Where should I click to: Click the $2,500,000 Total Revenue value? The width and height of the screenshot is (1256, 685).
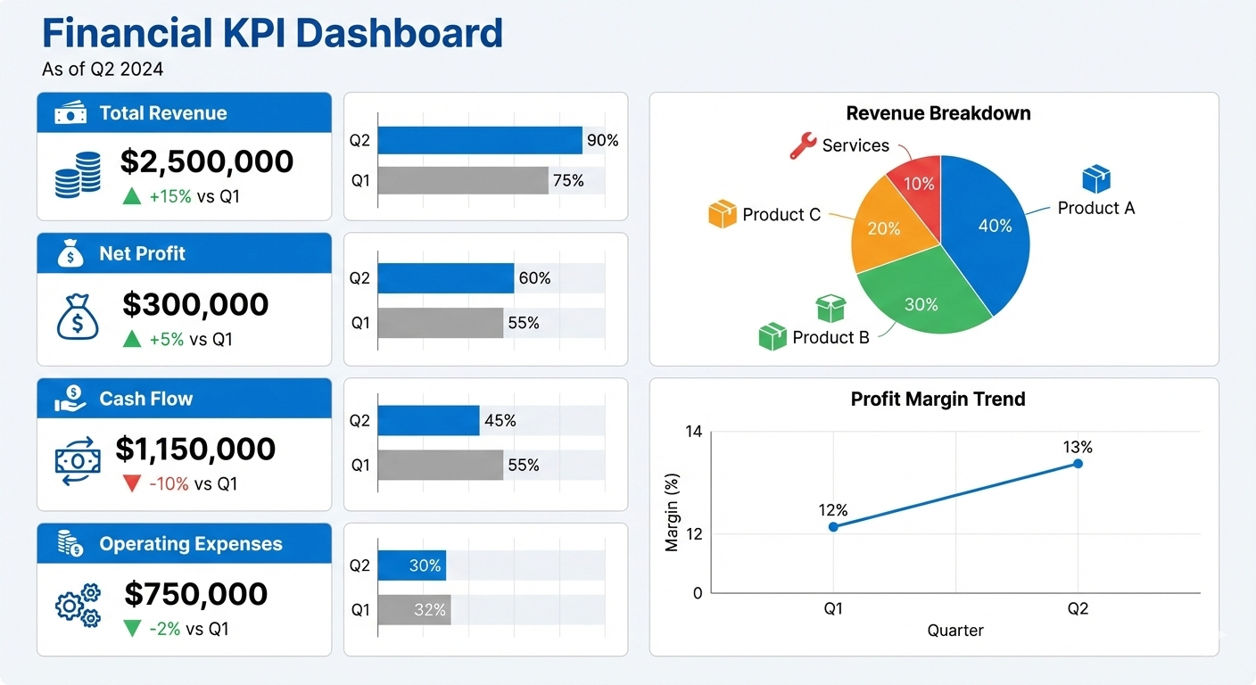(x=206, y=161)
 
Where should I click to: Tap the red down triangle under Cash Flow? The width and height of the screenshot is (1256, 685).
(x=132, y=483)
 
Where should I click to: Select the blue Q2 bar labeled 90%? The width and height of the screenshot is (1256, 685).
(x=479, y=140)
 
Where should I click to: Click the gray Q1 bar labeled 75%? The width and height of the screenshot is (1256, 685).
(x=462, y=180)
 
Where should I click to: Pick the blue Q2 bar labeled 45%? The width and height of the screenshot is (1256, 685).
(x=428, y=420)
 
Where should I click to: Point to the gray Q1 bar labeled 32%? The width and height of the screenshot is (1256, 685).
(x=414, y=610)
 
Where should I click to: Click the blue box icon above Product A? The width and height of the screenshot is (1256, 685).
(x=1095, y=179)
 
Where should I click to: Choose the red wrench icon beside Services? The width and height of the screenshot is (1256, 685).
(x=802, y=145)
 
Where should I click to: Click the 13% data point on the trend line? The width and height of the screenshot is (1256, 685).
(x=1078, y=464)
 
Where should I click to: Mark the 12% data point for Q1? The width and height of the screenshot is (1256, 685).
(x=833, y=527)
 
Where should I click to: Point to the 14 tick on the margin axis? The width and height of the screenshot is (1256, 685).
(x=693, y=432)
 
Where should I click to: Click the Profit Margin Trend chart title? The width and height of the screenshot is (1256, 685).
(x=938, y=399)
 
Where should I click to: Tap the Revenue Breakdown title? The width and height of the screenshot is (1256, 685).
(x=938, y=113)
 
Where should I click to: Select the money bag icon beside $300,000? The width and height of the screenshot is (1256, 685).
(x=78, y=318)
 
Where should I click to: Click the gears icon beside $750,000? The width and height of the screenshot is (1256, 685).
(x=78, y=606)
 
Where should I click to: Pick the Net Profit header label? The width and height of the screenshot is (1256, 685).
(x=142, y=253)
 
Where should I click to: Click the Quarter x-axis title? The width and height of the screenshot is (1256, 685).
(x=954, y=631)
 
